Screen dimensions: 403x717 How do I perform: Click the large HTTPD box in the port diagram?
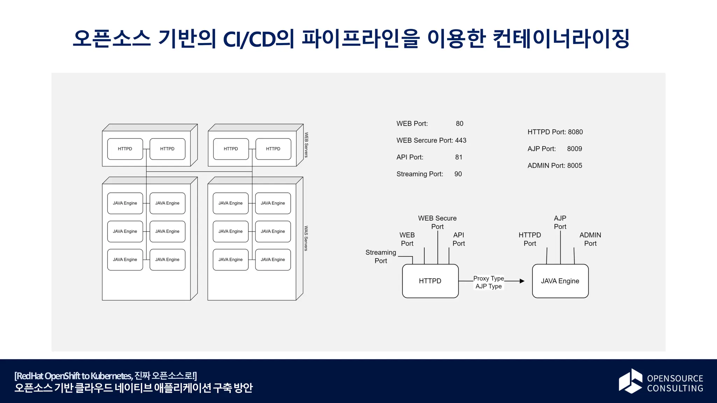coord(430,281)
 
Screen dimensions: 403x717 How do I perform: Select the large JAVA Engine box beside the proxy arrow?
coord(560,281)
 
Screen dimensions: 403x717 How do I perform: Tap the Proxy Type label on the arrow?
coord(488,278)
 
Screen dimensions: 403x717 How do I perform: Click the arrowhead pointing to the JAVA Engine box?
coord(522,281)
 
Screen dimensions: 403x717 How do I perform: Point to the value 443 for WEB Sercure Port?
coord(461,140)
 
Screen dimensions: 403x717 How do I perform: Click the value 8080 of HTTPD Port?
coord(575,132)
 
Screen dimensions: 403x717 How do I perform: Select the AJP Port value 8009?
coord(575,149)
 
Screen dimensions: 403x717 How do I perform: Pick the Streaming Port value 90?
coord(458,174)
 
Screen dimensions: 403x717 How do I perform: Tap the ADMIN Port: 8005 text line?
coord(555,165)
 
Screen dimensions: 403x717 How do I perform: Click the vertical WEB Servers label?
coord(306,145)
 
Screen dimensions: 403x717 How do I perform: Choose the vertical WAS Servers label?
coord(306,238)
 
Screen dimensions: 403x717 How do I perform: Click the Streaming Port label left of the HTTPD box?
coord(381,256)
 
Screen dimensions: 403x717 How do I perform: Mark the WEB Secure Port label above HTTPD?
coord(437,222)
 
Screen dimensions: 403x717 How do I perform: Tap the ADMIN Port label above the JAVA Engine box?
coord(590,239)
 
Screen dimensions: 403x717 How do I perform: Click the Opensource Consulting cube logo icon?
coord(631,381)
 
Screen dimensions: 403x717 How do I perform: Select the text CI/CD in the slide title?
coord(249,39)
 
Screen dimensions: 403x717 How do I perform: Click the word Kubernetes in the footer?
coord(111,376)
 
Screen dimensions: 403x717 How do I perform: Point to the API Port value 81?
coord(459,157)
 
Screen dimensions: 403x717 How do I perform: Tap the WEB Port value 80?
coord(459,123)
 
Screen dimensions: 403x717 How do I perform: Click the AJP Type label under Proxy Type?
coord(488,286)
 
